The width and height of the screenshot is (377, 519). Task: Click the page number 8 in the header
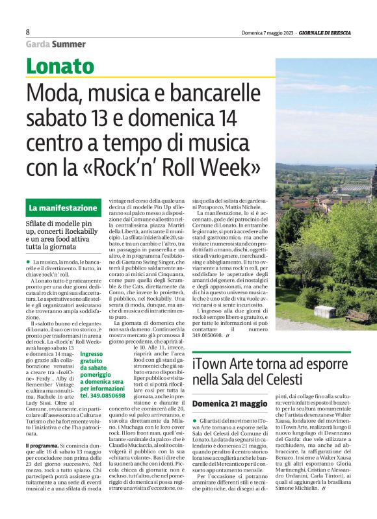coord(28,32)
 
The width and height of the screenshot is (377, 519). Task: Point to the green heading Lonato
coord(60,66)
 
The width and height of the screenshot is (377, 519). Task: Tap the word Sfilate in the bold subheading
coord(40,224)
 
